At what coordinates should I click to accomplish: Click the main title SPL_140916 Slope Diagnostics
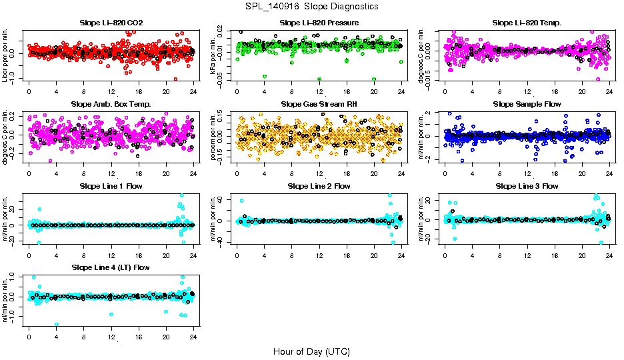(311, 6)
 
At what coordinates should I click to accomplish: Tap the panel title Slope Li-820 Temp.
(527, 23)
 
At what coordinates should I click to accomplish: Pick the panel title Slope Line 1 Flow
(111, 186)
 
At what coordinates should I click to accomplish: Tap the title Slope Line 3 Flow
(527, 186)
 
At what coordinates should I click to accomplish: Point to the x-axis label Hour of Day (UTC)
(311, 351)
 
